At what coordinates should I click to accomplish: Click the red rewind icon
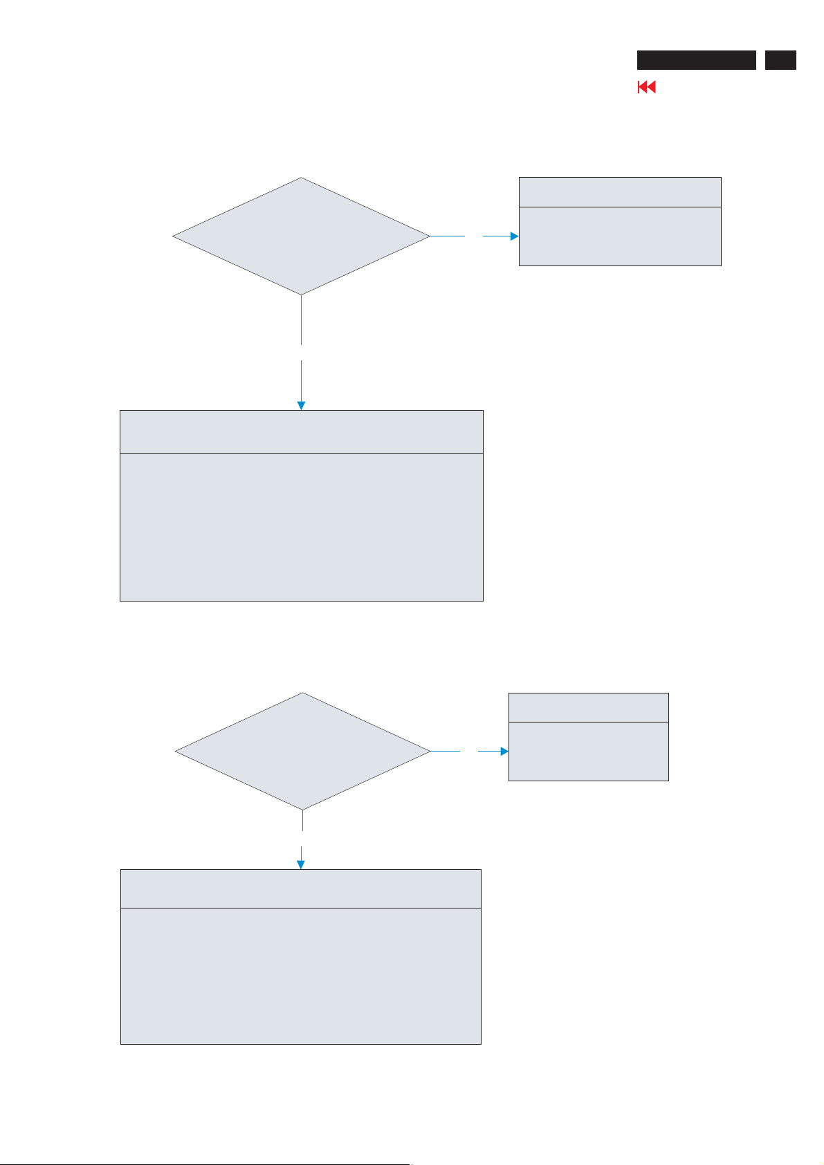pos(646,87)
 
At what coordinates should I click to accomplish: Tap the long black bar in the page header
pos(696,60)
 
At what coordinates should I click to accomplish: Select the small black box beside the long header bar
pos(780,60)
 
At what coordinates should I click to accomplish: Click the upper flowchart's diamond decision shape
pos(301,236)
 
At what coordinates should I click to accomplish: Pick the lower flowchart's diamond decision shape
pos(302,752)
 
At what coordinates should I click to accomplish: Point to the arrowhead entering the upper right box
pos(514,236)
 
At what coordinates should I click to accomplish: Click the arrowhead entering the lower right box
pos(504,752)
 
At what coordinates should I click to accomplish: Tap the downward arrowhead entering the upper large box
pos(301,405)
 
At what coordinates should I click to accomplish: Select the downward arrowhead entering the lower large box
pos(301,864)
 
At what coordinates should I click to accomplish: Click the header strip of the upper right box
pos(620,192)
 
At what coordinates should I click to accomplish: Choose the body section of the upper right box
pos(620,236)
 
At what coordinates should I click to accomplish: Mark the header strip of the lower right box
pos(588,708)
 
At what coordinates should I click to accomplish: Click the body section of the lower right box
pos(588,752)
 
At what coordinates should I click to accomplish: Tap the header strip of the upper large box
pos(301,432)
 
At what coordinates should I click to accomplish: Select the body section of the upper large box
pos(301,527)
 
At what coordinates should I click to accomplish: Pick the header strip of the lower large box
pos(301,889)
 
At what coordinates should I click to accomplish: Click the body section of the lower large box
pos(301,976)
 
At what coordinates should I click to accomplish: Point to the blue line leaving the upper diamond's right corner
pos(447,236)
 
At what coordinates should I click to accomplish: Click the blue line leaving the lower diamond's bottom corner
pos(303,820)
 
